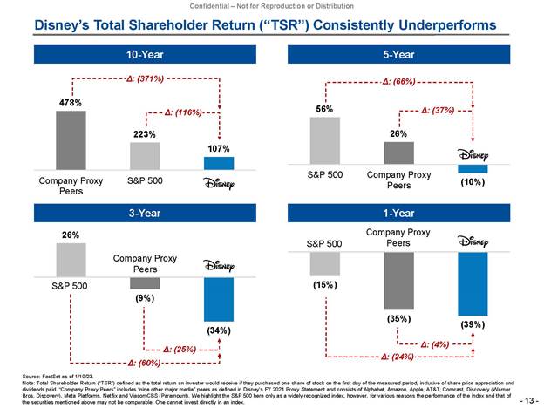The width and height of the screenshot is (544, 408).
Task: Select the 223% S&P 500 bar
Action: tap(145, 156)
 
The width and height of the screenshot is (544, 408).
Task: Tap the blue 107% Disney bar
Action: tap(219, 163)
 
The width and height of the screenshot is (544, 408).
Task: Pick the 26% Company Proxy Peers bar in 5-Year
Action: tap(398, 152)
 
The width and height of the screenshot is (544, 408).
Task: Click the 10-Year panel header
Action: tap(145, 55)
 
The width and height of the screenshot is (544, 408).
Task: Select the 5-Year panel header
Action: tap(398, 55)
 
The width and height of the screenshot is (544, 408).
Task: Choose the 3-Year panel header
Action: tap(145, 213)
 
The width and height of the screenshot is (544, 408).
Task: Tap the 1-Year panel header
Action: tap(398, 213)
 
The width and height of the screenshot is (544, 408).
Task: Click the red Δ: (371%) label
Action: tap(144, 78)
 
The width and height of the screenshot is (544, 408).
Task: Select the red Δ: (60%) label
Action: tap(144, 361)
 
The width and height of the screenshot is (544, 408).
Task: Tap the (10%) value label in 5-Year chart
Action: tap(473, 183)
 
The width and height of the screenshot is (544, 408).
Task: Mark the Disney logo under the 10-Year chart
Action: tap(219, 183)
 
